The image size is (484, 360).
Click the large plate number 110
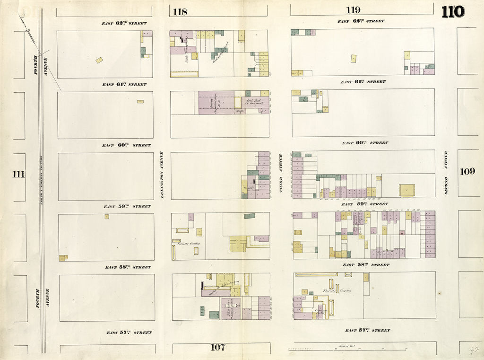point(453,11)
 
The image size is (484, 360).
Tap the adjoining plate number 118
point(180,12)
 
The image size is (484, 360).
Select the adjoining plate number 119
point(353,10)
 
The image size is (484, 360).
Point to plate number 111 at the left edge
point(18,174)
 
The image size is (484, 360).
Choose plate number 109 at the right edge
point(467,171)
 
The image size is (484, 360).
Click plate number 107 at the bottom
point(217,348)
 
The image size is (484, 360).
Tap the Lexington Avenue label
point(161,174)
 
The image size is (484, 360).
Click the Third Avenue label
point(280,173)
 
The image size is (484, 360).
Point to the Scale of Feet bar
point(347,349)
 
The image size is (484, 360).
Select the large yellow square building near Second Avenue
point(406,190)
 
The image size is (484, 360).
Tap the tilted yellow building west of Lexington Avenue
point(99,60)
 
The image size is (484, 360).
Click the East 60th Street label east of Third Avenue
point(365,142)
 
